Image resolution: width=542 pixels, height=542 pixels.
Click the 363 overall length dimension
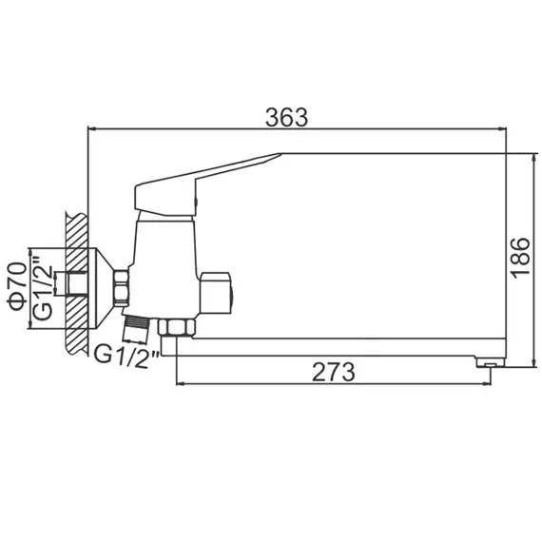coord(286,117)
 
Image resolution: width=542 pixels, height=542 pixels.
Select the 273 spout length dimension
coord(333,372)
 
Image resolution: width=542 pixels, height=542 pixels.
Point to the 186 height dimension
coord(519,257)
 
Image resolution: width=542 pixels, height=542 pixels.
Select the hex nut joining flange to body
coord(123,287)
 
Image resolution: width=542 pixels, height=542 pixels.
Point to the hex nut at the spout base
coord(176,328)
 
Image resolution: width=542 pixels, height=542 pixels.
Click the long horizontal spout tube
coord(333,351)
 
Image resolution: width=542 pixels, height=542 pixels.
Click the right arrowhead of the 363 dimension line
coord(502,129)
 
